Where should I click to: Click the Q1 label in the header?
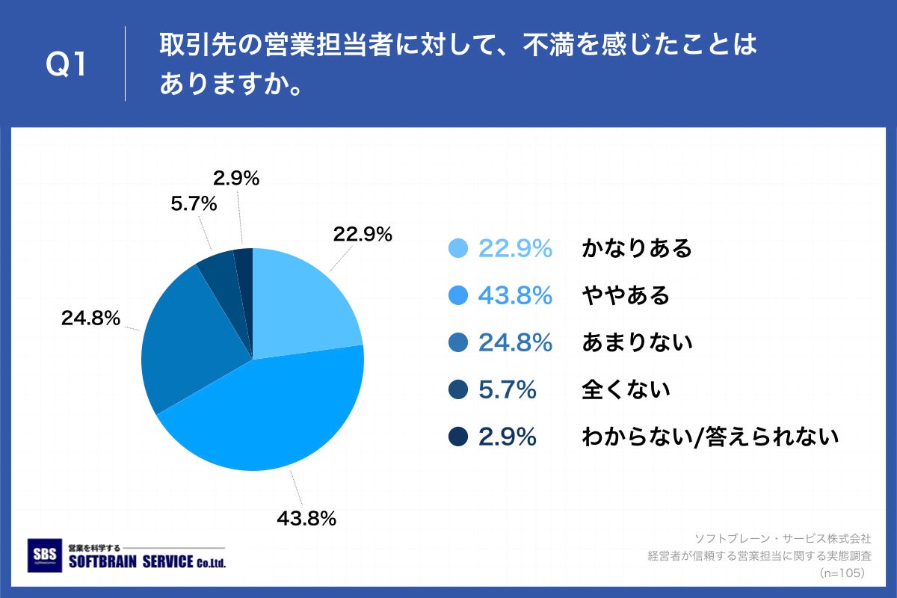(67, 65)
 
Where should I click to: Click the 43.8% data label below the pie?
(306, 517)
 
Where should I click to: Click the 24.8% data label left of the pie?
(90, 318)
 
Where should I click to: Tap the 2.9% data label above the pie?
(236, 178)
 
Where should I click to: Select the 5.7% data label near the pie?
(194, 203)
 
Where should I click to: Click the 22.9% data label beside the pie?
(363, 234)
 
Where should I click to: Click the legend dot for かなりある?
(458, 249)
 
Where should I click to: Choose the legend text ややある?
(625, 296)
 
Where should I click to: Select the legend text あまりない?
(637, 342)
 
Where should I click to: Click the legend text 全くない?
(625, 389)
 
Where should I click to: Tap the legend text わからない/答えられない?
(710, 437)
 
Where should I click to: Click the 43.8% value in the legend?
(515, 296)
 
